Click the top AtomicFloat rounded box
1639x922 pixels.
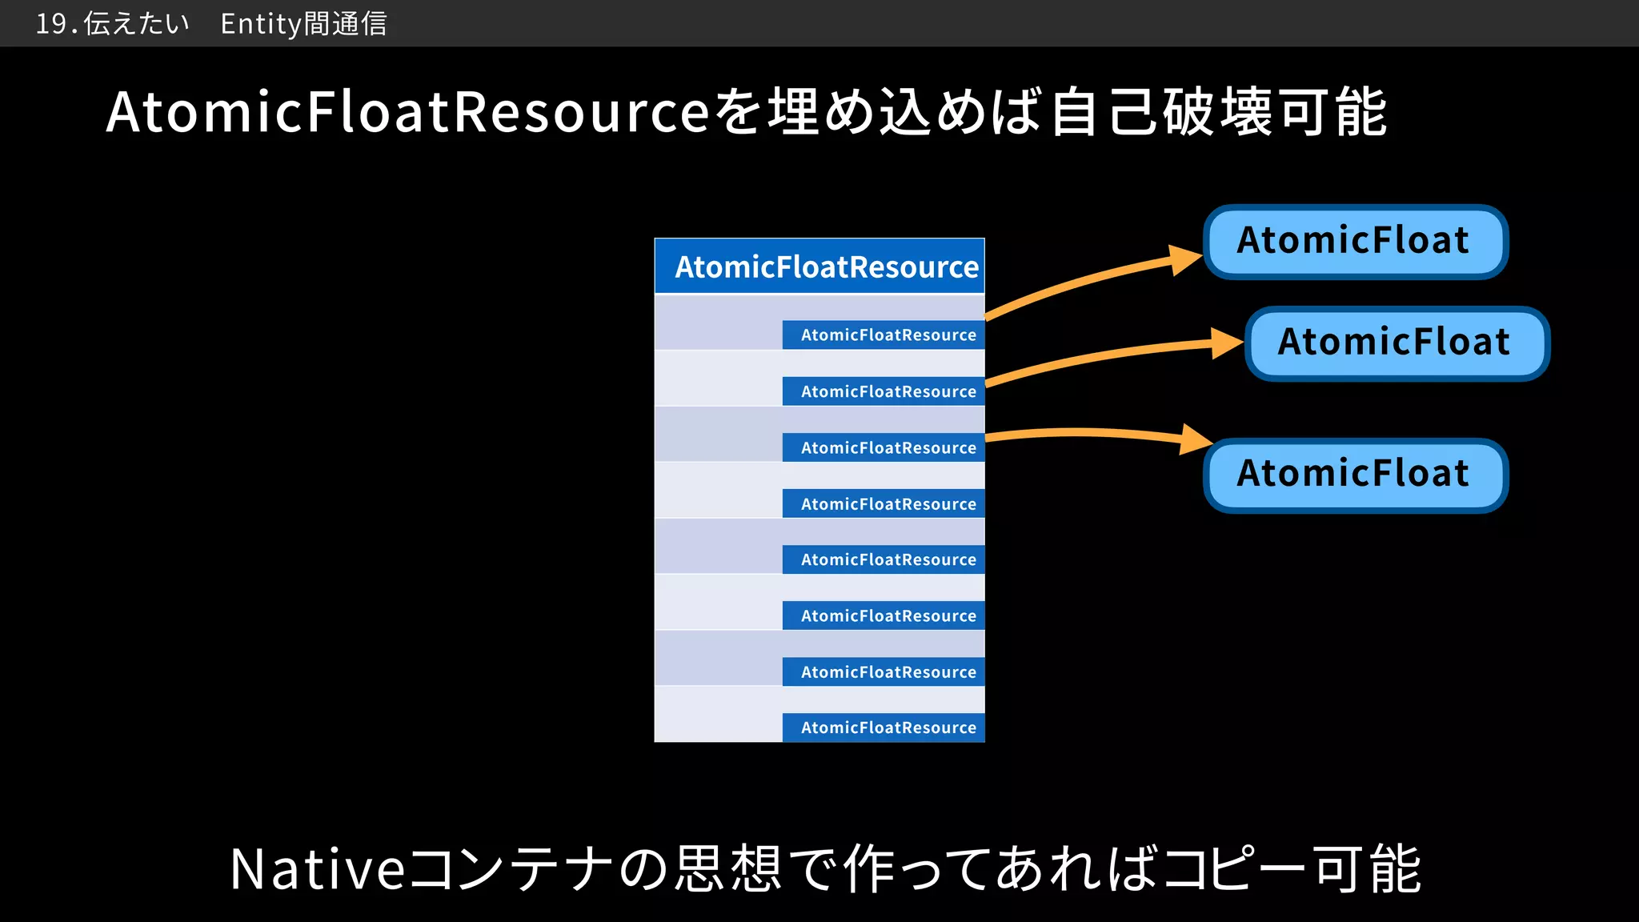1355,241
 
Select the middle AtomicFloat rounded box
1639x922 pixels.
1397,343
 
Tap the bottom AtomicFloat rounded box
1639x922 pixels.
1355,474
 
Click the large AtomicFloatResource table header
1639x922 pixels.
819,267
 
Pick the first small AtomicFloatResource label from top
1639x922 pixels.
884,335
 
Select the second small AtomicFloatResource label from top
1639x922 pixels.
884,391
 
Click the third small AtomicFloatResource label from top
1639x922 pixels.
884,447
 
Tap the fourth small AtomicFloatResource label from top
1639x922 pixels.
884,503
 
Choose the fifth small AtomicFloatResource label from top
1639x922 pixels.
884,559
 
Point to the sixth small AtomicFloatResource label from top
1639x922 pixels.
884,615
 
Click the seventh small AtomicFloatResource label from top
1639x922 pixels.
884,672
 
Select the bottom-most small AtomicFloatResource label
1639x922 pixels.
884,728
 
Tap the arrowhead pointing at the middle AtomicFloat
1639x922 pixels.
1226,343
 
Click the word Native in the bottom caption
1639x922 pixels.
318,869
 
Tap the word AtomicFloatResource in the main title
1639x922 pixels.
407,112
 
